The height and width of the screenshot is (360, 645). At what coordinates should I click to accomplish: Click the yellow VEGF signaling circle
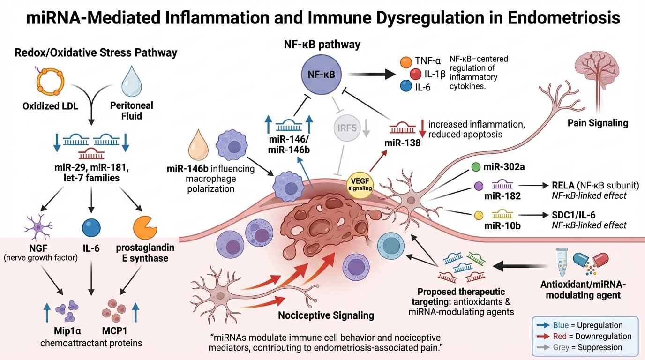pyautogui.click(x=360, y=184)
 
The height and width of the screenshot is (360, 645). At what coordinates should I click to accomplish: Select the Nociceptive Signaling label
pyautogui.click(x=326, y=315)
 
